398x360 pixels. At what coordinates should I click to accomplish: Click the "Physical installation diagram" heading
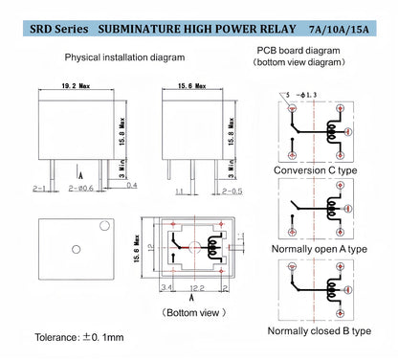tap(124, 57)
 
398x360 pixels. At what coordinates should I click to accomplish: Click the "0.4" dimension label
tap(131, 185)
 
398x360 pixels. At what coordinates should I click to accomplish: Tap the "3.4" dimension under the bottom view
tap(166, 287)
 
